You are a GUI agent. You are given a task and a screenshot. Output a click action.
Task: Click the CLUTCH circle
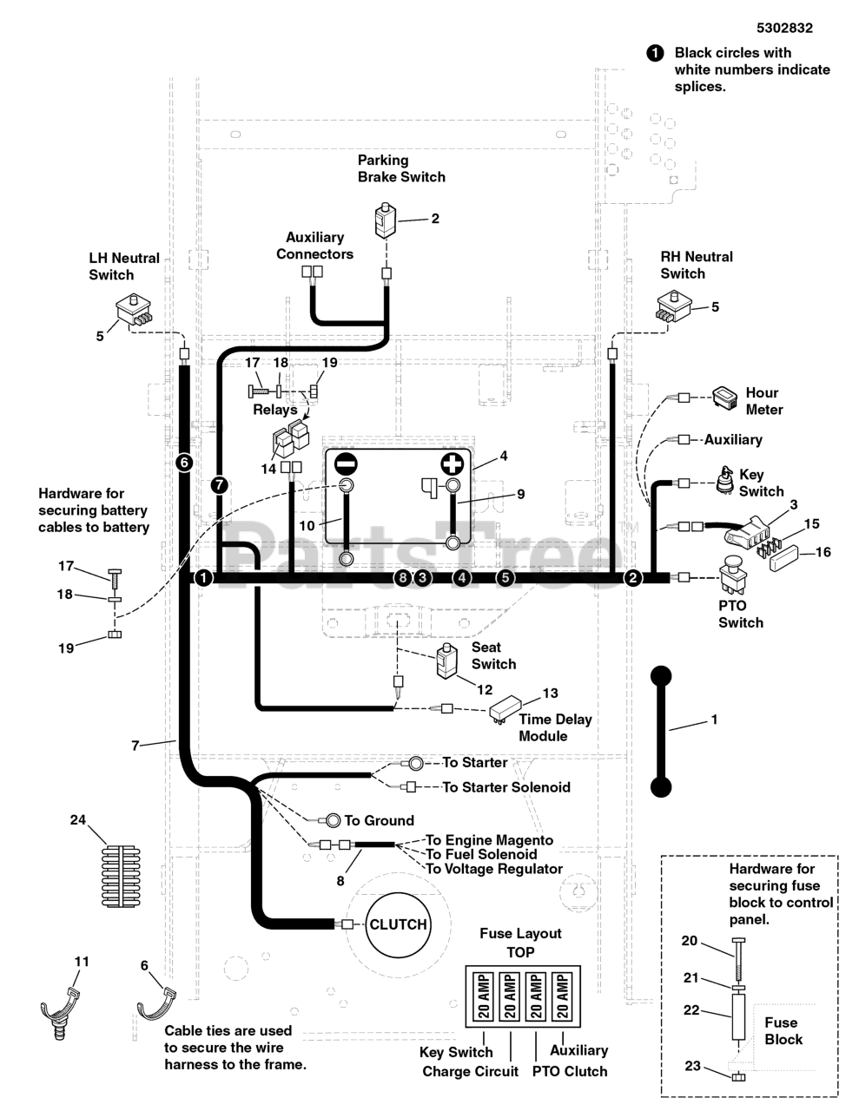click(398, 924)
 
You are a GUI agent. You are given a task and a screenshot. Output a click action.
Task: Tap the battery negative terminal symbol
click(346, 463)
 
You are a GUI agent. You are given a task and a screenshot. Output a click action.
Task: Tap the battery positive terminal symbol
click(453, 463)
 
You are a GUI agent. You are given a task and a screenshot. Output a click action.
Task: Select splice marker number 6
click(183, 463)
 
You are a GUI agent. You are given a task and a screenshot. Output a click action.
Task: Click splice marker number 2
click(632, 577)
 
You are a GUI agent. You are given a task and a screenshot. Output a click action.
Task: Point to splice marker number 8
click(401, 577)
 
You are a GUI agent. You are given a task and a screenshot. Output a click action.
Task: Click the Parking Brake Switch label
click(401, 168)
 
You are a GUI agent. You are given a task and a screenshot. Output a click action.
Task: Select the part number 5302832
click(783, 28)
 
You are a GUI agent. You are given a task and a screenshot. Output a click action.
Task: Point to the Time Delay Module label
click(555, 727)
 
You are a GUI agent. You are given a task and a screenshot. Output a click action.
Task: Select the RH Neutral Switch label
click(696, 265)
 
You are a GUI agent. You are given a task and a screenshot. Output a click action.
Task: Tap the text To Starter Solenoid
click(506, 787)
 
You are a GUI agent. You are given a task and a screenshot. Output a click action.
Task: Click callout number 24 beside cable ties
click(78, 819)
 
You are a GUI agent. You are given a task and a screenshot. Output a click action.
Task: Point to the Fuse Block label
click(783, 1031)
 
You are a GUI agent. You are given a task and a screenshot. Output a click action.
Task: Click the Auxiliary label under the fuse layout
click(578, 1050)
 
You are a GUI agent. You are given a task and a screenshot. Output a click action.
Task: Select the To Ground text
click(379, 820)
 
